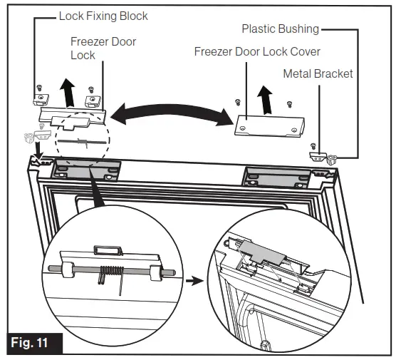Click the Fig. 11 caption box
click(x=35, y=343)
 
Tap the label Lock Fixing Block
click(x=103, y=16)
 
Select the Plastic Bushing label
click(x=281, y=29)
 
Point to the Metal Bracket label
click(x=318, y=74)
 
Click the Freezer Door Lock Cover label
click(x=257, y=52)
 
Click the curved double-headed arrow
click(x=172, y=112)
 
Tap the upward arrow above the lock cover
click(x=265, y=100)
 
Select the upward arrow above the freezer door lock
click(x=68, y=93)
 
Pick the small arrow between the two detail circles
click(x=194, y=281)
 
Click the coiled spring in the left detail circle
click(x=111, y=274)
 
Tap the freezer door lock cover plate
click(x=269, y=126)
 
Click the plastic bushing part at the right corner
click(x=332, y=160)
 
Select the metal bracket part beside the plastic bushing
click(x=318, y=156)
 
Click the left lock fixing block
click(x=41, y=99)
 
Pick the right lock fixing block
click(x=93, y=101)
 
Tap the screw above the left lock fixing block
click(x=39, y=88)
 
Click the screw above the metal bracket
click(x=313, y=146)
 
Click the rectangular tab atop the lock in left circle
click(x=108, y=250)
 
